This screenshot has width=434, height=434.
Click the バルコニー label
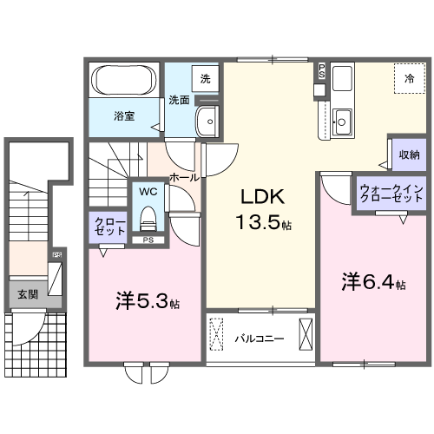point(260,338)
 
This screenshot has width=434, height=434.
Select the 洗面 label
point(179,99)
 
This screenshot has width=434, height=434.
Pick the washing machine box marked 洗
point(205,79)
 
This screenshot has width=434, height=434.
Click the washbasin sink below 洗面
point(206,122)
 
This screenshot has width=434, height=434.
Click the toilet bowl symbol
point(148,215)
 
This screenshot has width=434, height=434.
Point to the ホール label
point(184,176)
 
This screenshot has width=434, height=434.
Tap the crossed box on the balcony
point(306,334)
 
